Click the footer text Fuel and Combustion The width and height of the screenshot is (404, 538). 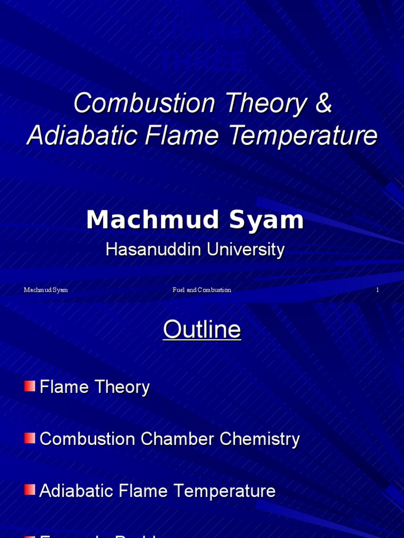tap(201, 290)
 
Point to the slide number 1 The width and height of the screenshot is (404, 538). tap(377, 290)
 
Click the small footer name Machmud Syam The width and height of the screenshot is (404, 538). tap(46, 290)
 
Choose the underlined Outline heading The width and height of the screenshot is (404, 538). tap(202, 330)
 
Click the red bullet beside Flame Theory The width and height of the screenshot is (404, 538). tap(29, 386)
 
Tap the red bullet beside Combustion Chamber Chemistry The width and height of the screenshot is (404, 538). tap(29, 438)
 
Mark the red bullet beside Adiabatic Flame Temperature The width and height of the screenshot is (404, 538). tap(29, 490)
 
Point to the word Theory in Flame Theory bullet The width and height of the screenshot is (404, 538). tap(123, 387)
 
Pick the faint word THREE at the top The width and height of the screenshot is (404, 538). tap(203, 62)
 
